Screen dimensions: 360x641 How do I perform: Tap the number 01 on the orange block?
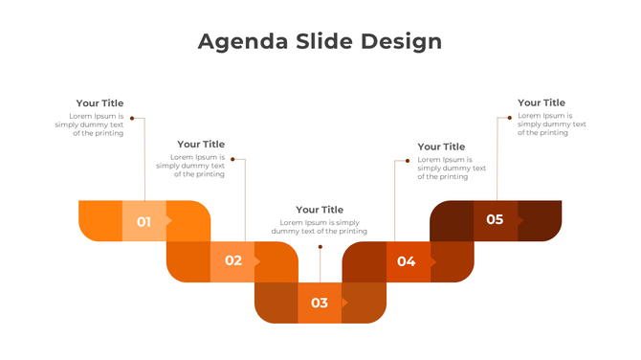tap(144, 221)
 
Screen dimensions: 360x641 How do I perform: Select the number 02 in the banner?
tap(233, 260)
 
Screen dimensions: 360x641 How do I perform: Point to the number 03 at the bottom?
tap(320, 303)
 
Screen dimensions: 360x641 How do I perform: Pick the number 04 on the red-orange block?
tap(407, 261)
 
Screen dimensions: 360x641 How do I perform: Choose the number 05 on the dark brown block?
tap(495, 219)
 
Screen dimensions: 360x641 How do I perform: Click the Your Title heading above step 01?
tap(99, 103)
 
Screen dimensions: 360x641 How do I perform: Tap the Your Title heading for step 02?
tap(201, 145)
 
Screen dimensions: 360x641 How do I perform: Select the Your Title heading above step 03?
tap(320, 210)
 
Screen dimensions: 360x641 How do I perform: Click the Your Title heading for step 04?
tap(441, 146)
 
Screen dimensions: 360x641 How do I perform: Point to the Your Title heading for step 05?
tap(542, 102)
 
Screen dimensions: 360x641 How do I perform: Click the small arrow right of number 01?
tap(169, 221)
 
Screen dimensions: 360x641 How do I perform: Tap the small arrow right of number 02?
tap(258, 260)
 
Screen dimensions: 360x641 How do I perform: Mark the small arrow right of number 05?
tap(520, 219)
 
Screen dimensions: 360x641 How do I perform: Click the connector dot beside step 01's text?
tap(131, 119)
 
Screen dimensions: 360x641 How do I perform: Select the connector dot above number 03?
tap(320, 246)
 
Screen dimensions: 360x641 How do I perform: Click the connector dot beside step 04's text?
tap(408, 161)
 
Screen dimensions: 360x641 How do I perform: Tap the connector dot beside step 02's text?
tap(232, 160)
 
